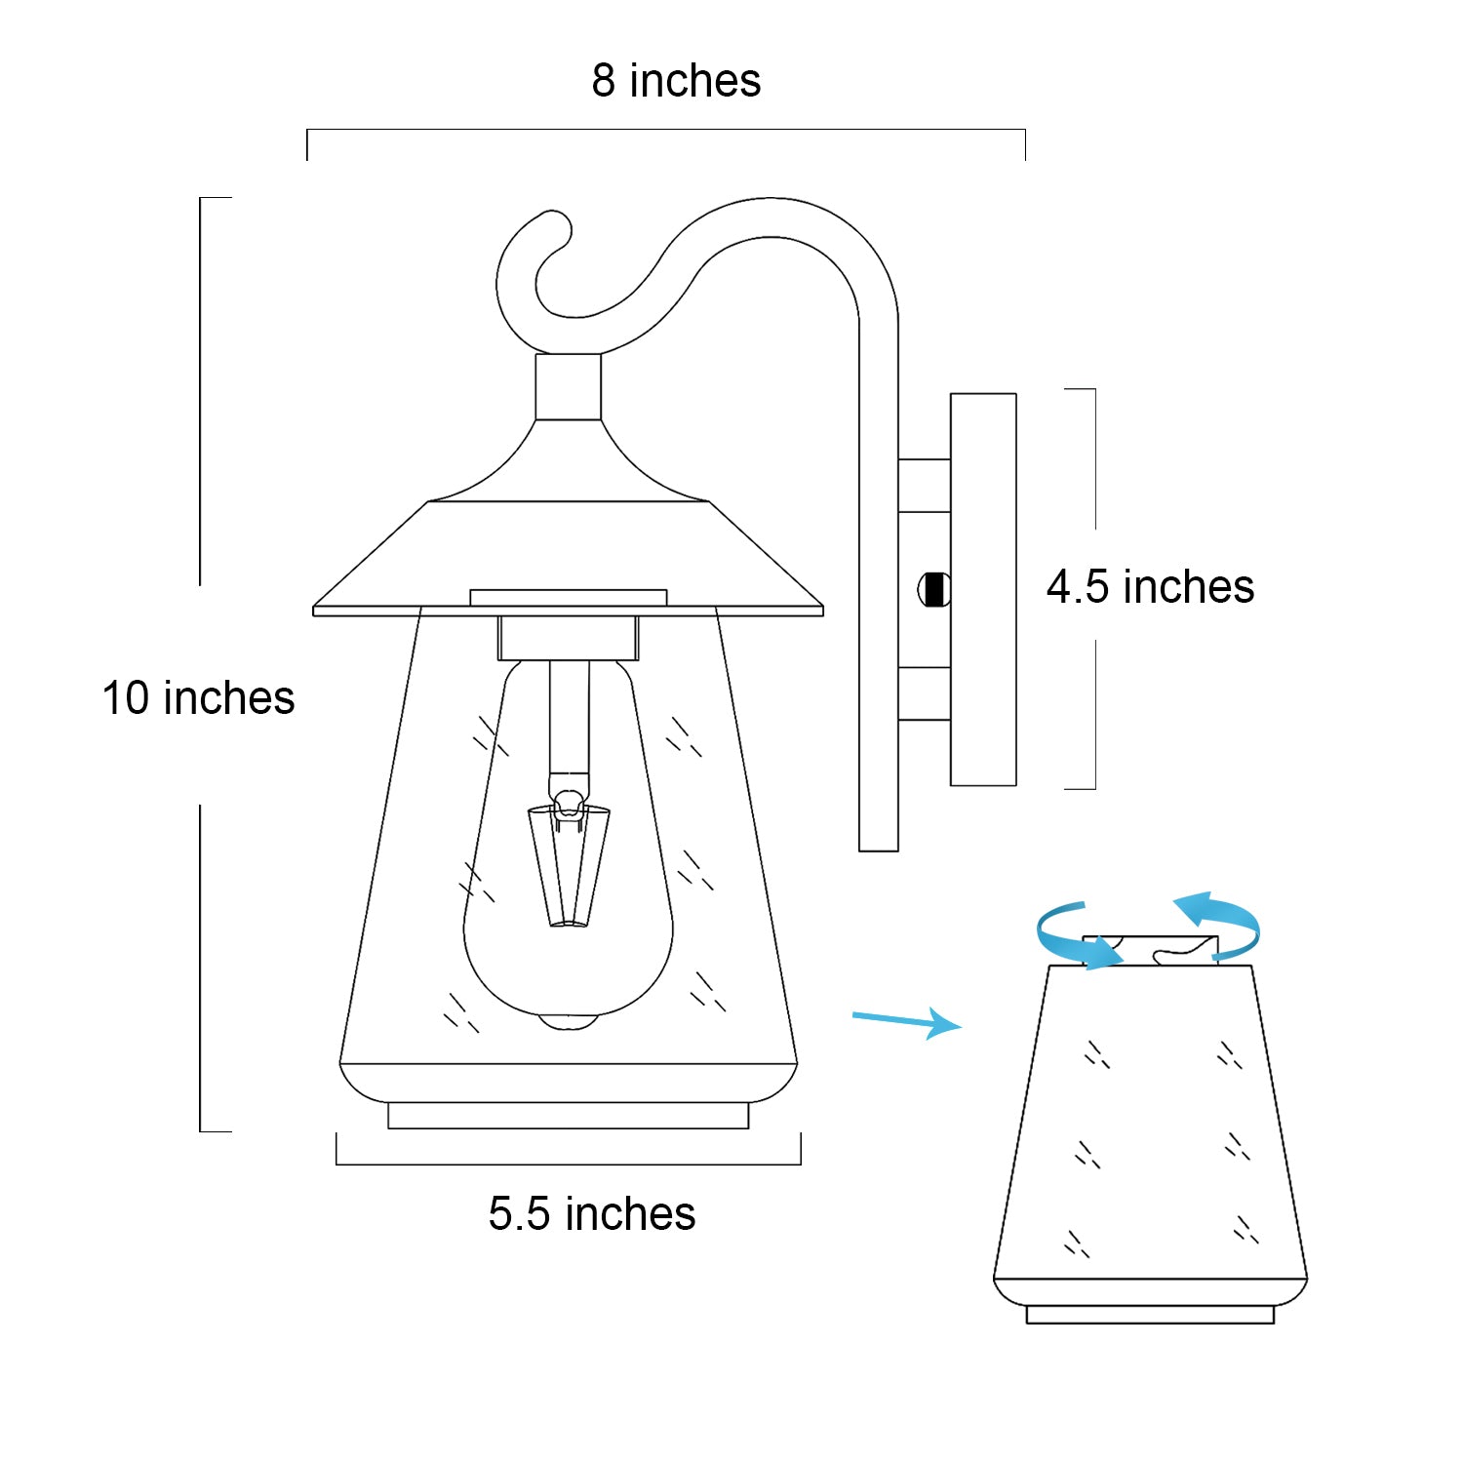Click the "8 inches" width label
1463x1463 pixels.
coord(676,81)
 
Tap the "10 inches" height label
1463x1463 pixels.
coord(198,698)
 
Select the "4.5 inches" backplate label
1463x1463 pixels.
coord(1150,587)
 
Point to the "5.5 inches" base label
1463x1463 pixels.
coord(592,1214)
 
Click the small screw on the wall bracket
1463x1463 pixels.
coord(934,589)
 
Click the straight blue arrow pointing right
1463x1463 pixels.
coord(907,1021)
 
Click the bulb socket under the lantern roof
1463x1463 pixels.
coord(569,638)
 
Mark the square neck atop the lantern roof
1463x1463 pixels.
coord(569,387)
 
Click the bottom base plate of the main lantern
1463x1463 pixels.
coord(569,1116)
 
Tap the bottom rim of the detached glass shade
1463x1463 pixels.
coord(1151,1315)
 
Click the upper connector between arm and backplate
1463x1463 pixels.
coord(924,486)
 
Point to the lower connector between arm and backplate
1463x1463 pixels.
coord(924,693)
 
